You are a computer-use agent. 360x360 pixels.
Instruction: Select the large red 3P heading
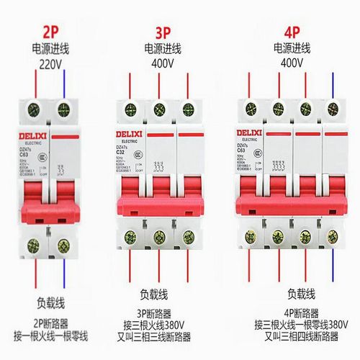coord(166,32)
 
